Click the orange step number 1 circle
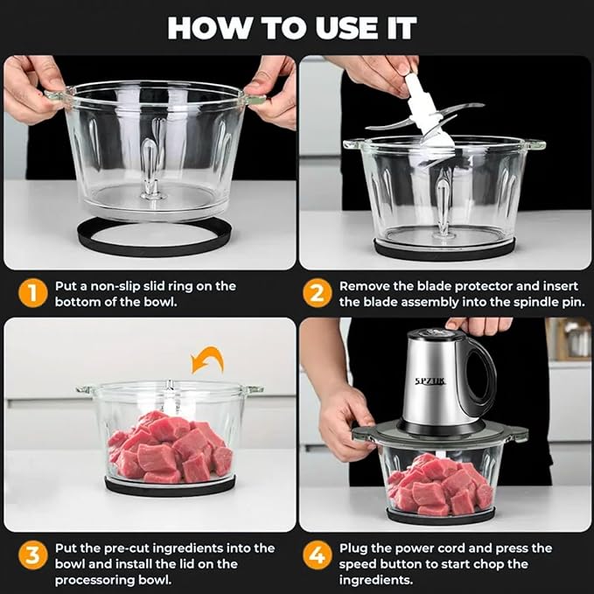coord(32,294)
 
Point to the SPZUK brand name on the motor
coord(430,381)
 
